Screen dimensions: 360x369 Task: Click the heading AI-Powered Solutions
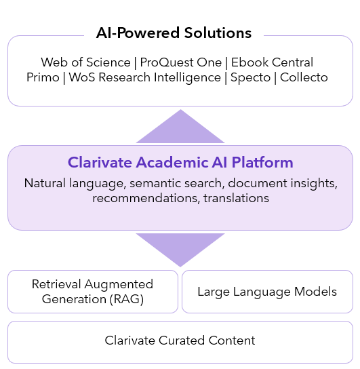click(174, 33)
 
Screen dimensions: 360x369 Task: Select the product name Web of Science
click(85, 62)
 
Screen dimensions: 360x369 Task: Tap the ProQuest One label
click(181, 62)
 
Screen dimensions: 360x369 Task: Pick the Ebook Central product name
click(272, 62)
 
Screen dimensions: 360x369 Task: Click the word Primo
click(43, 77)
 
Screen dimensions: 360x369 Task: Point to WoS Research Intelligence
click(145, 77)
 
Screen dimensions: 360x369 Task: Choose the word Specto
click(250, 77)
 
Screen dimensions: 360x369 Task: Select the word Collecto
click(304, 77)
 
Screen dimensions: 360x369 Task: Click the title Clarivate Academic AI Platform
click(180, 162)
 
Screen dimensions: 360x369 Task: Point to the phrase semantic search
click(176, 183)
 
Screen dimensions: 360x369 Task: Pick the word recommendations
click(146, 198)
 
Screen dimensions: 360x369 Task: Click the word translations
click(236, 198)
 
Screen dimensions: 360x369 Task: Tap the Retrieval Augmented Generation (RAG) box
click(93, 292)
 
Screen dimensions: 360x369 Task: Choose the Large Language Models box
click(267, 292)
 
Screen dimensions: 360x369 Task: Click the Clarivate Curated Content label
click(180, 341)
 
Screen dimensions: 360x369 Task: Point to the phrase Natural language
click(74, 183)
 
